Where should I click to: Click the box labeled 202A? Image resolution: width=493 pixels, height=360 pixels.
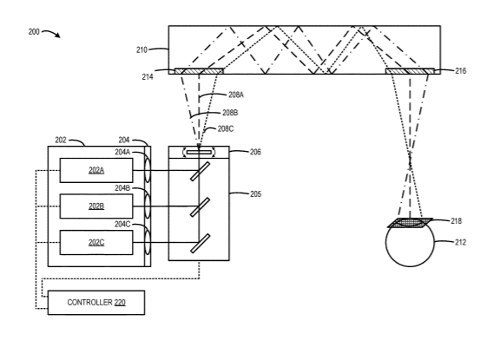[96, 170]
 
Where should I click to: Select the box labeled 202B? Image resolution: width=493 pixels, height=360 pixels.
[96, 206]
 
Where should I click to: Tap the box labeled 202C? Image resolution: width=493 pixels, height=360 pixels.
[96, 243]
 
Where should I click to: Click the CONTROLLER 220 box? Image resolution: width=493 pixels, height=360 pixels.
[96, 303]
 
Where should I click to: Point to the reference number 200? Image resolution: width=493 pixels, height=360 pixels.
[34, 32]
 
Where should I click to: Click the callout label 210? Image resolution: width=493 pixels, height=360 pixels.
[141, 50]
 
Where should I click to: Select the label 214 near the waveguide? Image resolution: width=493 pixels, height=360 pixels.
[148, 76]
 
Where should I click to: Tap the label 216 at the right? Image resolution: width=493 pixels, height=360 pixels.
[461, 71]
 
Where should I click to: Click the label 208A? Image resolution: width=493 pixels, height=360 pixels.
[236, 95]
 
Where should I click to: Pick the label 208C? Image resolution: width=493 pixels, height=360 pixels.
[226, 128]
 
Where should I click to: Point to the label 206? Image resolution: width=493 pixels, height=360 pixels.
[255, 152]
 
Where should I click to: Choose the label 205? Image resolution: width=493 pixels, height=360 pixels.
[256, 194]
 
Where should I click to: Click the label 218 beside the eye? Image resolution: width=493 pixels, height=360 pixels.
[457, 221]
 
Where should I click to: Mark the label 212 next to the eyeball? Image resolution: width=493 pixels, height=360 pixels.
[461, 242]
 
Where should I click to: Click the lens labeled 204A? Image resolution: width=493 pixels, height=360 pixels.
[148, 170]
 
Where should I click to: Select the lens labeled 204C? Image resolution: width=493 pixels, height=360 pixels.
[148, 243]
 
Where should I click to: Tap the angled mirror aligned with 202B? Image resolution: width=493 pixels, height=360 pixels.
[200, 207]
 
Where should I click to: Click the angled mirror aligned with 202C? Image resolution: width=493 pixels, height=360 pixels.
[200, 244]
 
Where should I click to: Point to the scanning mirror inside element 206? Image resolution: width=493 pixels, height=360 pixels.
[199, 153]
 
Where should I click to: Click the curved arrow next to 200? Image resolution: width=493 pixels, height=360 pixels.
[51, 33]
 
